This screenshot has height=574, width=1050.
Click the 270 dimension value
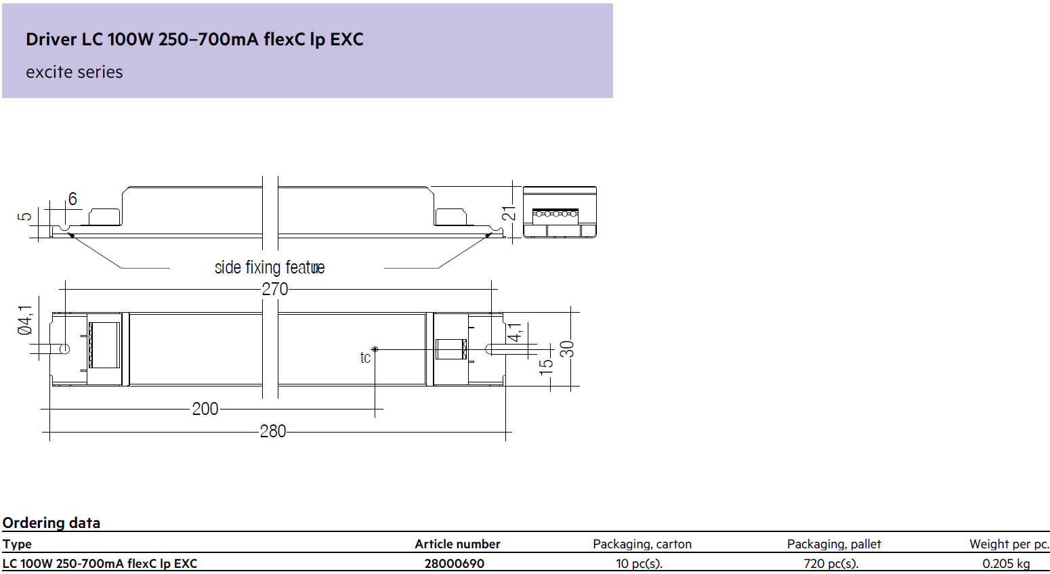pyautogui.click(x=274, y=289)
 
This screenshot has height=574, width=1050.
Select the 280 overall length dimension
pyautogui.click(x=273, y=431)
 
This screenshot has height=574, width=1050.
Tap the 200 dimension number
pyautogui.click(x=205, y=409)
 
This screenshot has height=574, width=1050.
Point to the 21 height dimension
pyautogui.click(x=509, y=213)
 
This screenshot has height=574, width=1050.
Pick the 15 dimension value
pyautogui.click(x=546, y=367)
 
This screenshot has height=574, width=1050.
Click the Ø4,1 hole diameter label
pyautogui.click(x=25, y=320)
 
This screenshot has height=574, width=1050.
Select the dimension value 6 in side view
pyautogui.click(x=72, y=199)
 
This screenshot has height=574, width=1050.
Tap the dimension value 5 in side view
pyautogui.click(x=24, y=217)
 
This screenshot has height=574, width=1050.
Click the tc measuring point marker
pyautogui.click(x=375, y=349)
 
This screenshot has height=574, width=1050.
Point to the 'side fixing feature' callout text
pyautogui.click(x=270, y=267)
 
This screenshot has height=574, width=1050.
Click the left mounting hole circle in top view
pyautogui.click(x=64, y=349)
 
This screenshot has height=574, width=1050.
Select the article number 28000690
pyautogui.click(x=455, y=563)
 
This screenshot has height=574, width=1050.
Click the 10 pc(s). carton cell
pyautogui.click(x=639, y=563)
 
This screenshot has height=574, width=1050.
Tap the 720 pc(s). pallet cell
pyautogui.click(x=831, y=563)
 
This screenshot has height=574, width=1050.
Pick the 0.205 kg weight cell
pyautogui.click(x=1007, y=563)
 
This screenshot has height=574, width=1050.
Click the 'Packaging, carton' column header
pyautogui.click(x=642, y=544)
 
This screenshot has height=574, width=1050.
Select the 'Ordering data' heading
pyautogui.click(x=51, y=523)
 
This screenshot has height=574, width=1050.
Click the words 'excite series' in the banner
pyautogui.click(x=74, y=72)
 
